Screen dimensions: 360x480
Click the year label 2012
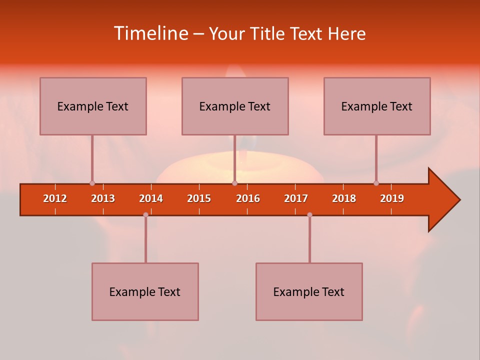(x=55, y=198)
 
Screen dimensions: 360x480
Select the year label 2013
(x=103, y=198)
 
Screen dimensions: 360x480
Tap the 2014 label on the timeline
(x=151, y=198)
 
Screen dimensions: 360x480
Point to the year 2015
(x=199, y=198)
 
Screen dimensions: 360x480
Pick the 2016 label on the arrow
(x=248, y=198)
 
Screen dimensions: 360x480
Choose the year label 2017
(x=296, y=198)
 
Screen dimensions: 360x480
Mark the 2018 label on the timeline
(x=344, y=198)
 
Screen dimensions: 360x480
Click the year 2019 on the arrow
(x=392, y=198)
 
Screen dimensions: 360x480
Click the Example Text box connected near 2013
(x=93, y=106)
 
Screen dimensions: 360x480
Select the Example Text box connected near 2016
(x=235, y=106)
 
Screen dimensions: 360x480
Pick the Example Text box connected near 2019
(x=377, y=106)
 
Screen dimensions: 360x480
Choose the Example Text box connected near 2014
(x=145, y=291)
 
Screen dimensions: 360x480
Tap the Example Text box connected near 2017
(x=309, y=291)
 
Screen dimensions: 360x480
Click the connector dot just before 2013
(x=92, y=183)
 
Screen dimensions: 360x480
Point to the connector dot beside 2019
(x=376, y=183)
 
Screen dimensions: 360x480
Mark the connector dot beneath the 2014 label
(x=145, y=214)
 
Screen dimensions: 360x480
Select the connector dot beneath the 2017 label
(x=309, y=214)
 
